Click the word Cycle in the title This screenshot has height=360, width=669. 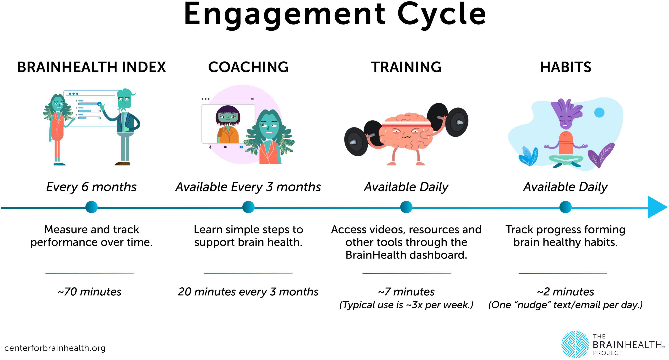(x=441, y=14)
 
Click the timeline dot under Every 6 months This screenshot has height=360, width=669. (x=91, y=207)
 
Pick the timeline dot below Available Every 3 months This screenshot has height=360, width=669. (x=248, y=207)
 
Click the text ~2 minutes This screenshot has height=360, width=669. (x=565, y=292)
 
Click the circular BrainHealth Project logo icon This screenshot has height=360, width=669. (x=575, y=344)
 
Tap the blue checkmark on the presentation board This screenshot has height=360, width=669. (x=99, y=104)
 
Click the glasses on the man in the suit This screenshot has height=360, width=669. (x=124, y=99)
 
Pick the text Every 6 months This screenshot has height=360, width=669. (x=91, y=187)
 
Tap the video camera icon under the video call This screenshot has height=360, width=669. (x=225, y=147)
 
